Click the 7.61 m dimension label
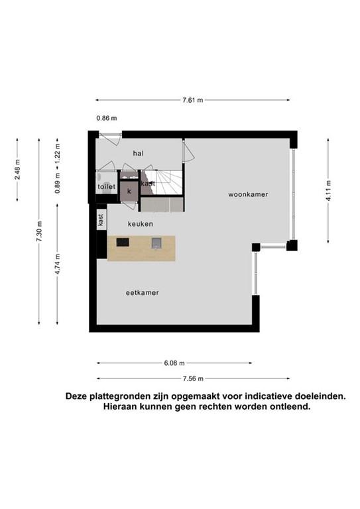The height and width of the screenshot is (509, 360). [x=193, y=100]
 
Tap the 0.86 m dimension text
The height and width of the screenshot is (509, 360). [x=107, y=118]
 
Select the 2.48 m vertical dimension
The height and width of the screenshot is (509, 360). [x=17, y=170]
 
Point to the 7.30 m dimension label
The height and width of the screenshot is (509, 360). [x=39, y=231]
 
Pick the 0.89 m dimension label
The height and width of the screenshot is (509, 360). [x=58, y=183]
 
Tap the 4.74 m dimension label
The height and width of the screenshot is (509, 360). [x=58, y=264]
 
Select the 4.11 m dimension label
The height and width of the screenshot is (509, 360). [x=329, y=191]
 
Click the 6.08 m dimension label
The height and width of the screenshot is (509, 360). [x=174, y=363]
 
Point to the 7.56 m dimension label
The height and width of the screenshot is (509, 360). [x=193, y=378]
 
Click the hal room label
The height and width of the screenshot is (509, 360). [x=139, y=153]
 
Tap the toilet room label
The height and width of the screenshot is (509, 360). [x=107, y=187]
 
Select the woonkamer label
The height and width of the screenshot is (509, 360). [x=248, y=194]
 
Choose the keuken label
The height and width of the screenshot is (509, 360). [x=141, y=224]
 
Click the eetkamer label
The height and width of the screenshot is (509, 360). [x=142, y=293]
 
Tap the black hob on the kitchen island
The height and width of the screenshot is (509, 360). [x=123, y=242]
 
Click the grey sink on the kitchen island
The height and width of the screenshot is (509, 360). [x=156, y=243]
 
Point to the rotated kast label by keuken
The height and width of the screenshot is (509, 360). [x=101, y=220]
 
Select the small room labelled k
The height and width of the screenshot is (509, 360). [x=129, y=192]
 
